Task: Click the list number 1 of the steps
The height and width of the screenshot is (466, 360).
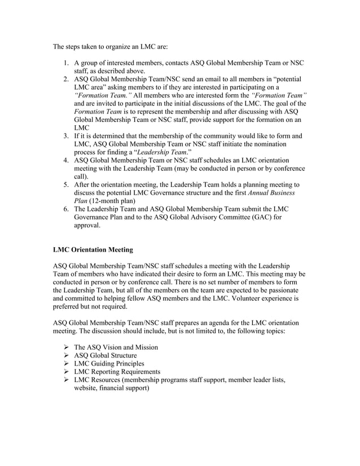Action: point(65,63)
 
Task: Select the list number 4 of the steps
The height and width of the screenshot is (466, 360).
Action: point(65,160)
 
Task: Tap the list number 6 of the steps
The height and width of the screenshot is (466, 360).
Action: point(65,208)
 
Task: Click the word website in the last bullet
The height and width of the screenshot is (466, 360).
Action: point(87,388)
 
